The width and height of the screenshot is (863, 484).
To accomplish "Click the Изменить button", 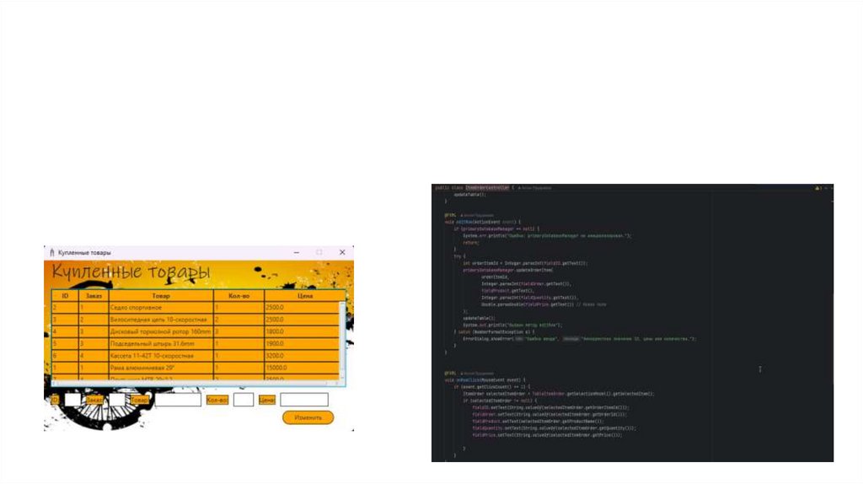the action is pyautogui.click(x=308, y=417).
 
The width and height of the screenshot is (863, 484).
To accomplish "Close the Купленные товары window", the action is pyautogui.click(x=342, y=252).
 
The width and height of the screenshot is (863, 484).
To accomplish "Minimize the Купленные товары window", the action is pyautogui.click(x=296, y=252).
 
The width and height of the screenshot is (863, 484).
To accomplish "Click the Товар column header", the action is pyautogui.click(x=160, y=296).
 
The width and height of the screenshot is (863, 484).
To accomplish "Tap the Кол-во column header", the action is pyautogui.click(x=239, y=296).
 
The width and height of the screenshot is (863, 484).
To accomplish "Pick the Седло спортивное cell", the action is pyautogui.click(x=135, y=308).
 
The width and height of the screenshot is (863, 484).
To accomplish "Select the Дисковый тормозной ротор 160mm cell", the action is pyautogui.click(x=159, y=332).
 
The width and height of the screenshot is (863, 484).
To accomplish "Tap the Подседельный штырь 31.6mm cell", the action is pyautogui.click(x=152, y=344).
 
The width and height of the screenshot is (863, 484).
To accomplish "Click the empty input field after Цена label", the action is pyautogui.click(x=303, y=400).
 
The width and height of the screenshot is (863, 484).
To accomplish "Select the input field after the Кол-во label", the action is pyautogui.click(x=244, y=400).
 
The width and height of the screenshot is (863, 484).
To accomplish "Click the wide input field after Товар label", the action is pyautogui.click(x=177, y=400).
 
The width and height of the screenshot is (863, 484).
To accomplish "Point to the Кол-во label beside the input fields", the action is pyautogui.click(x=217, y=400).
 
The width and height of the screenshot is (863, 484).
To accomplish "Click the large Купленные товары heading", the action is pyautogui.click(x=131, y=273).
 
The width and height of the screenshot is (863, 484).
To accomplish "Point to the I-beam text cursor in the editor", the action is pyautogui.click(x=760, y=369).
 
